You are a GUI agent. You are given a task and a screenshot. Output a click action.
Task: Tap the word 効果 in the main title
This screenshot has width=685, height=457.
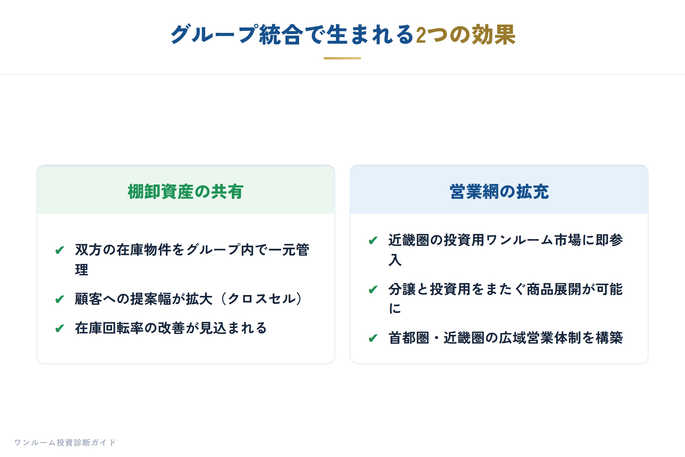pyautogui.click(x=494, y=35)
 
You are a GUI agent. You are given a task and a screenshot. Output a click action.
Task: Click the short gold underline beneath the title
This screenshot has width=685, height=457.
pyautogui.click(x=342, y=58)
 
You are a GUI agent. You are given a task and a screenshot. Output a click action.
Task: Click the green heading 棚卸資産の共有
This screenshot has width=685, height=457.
pyautogui.click(x=186, y=191)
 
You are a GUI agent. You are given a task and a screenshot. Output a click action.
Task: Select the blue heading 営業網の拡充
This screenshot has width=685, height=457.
pyautogui.click(x=499, y=191)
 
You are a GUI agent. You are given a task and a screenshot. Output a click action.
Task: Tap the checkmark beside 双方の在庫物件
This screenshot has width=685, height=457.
pyautogui.click(x=60, y=250)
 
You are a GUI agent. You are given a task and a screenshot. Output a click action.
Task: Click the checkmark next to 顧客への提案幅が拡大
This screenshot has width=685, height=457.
pyautogui.click(x=60, y=299)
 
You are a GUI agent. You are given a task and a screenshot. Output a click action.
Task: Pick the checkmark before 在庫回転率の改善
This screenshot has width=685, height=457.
pyautogui.click(x=60, y=328)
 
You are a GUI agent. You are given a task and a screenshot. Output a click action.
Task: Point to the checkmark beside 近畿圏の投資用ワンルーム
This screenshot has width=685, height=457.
pyautogui.click(x=373, y=240)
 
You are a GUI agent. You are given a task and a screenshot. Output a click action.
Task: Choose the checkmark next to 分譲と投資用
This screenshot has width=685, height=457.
pyautogui.click(x=373, y=289)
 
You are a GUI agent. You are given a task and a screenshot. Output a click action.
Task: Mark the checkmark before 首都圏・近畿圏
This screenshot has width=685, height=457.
pyautogui.click(x=373, y=338)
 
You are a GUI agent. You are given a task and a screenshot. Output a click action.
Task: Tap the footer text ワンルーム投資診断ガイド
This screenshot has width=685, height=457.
pyautogui.click(x=65, y=442)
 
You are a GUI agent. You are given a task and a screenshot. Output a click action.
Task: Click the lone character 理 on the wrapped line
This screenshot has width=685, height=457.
pyautogui.click(x=82, y=270)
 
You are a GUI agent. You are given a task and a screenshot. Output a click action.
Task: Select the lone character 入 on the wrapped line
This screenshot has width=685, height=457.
pyautogui.click(x=395, y=260)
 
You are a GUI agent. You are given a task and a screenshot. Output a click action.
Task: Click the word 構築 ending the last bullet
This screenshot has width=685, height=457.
pyautogui.click(x=609, y=338)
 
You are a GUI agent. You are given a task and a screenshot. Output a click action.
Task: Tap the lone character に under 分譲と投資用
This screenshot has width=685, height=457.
pyautogui.click(x=395, y=308)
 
